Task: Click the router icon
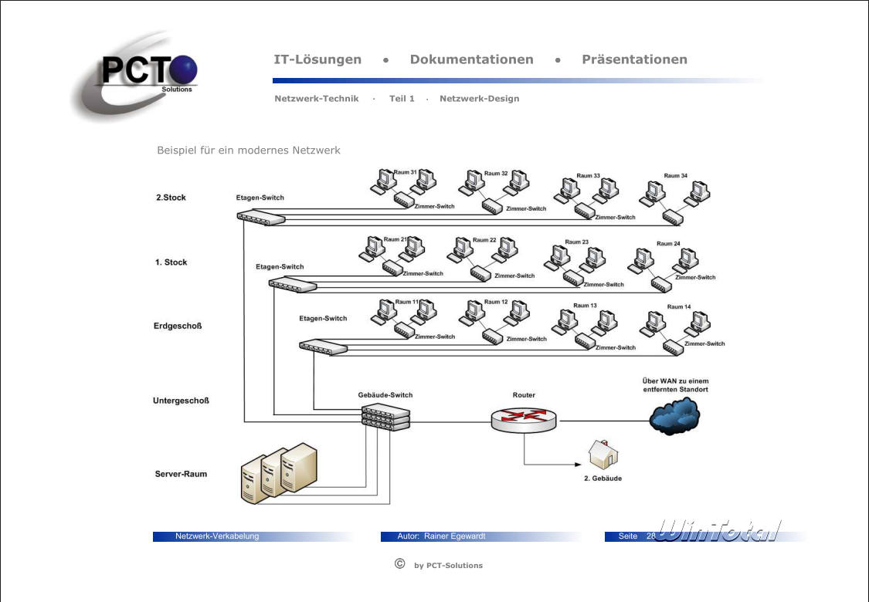tap(523, 419)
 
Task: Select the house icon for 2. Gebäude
tap(603, 455)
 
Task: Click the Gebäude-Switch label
tap(385, 395)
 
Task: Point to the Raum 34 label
tap(676, 176)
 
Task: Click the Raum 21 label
tap(395, 239)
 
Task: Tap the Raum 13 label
tap(585, 306)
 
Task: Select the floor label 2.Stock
tap(171, 198)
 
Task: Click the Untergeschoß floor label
tap(181, 401)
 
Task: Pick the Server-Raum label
tap(181, 474)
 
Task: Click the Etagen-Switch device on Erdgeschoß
tap(324, 347)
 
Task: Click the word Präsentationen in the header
tap(634, 59)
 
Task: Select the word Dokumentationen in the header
tap(471, 59)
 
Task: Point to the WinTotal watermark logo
tap(718, 531)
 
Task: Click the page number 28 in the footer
tap(650, 536)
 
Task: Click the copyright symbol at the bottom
tap(399, 563)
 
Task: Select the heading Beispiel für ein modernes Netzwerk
tap(249, 150)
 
